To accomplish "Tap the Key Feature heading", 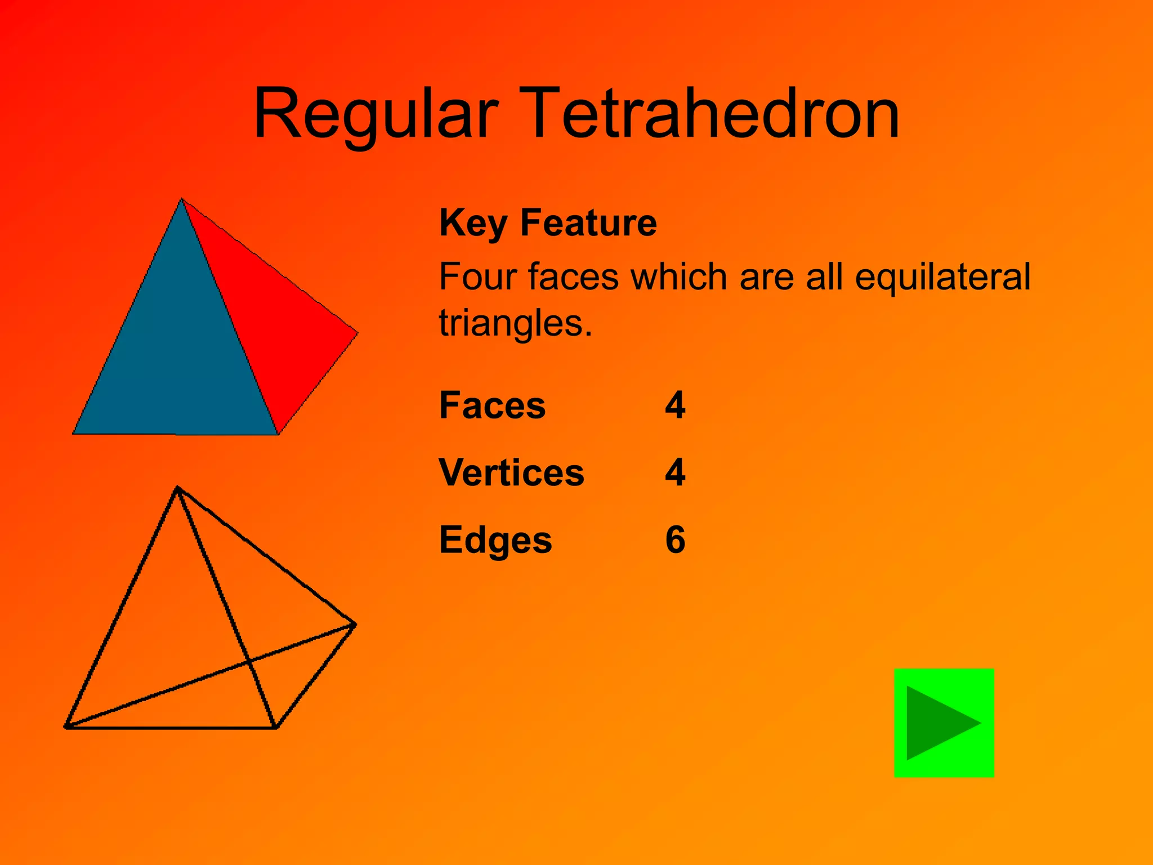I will pos(548,222).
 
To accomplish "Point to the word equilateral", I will pos(942,277).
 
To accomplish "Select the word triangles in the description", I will pos(515,323).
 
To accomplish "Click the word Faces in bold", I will pos(492,405).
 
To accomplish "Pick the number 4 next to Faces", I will pos(675,405).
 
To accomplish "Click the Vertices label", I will pos(511,472).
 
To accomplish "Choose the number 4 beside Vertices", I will pos(675,472).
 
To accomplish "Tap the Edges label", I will pos(495,540).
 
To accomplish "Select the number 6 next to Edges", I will pos(675,540).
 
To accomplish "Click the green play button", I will pos(944,723).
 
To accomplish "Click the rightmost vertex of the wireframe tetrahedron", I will pos(355,624).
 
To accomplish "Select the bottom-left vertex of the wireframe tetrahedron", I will pos(66,727).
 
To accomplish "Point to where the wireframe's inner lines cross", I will pos(249,662).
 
